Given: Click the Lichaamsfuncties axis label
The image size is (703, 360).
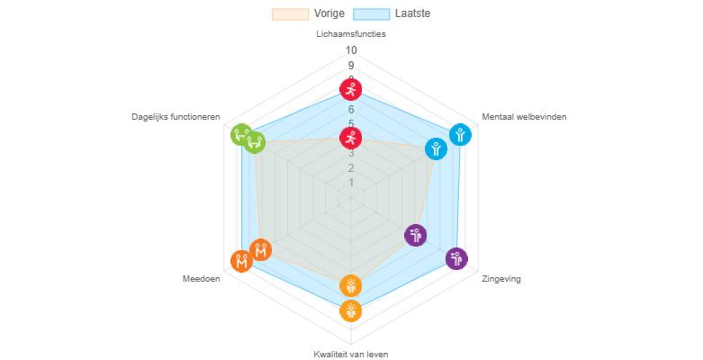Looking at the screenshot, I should pos(351,34).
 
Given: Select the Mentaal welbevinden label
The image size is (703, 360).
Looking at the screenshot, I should pos(524,117).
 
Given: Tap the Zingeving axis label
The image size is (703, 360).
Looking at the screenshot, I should pos(500,279).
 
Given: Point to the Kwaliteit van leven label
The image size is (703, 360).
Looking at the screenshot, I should pos(351,354).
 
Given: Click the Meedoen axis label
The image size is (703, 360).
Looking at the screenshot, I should pos(201,279).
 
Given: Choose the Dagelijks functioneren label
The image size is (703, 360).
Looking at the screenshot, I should pos(176,117).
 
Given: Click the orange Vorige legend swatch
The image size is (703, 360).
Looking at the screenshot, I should pos(290,13).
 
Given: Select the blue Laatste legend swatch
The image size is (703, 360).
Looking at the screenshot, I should pos(371,13).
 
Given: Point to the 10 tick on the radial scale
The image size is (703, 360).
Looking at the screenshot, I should pos(351,50).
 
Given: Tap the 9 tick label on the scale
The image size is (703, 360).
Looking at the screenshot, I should pos(351,65).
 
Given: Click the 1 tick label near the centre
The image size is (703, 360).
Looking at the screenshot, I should pos(351,183).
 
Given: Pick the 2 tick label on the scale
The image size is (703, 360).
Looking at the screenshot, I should pos(351,168).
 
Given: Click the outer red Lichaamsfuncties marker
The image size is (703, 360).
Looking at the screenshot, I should pos(351,89).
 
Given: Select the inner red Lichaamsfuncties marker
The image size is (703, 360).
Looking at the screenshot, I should pos(351,138).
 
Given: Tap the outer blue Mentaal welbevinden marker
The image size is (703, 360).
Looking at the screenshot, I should pos(460,134).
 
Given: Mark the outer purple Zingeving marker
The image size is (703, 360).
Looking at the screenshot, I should pos(456,258).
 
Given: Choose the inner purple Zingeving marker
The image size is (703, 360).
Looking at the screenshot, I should pos(415,235).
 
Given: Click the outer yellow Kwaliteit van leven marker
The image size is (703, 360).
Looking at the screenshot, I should pos(351,310).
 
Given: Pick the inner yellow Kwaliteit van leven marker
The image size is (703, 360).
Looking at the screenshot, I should pos(351,285).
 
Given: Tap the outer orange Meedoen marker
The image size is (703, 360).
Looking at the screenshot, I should pos(241,261).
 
